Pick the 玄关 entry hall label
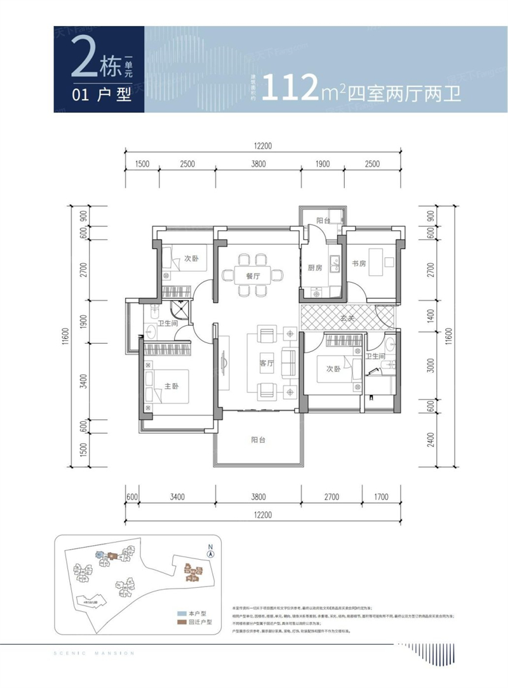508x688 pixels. click(347, 318)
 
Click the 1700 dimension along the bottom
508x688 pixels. click(381, 497)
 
